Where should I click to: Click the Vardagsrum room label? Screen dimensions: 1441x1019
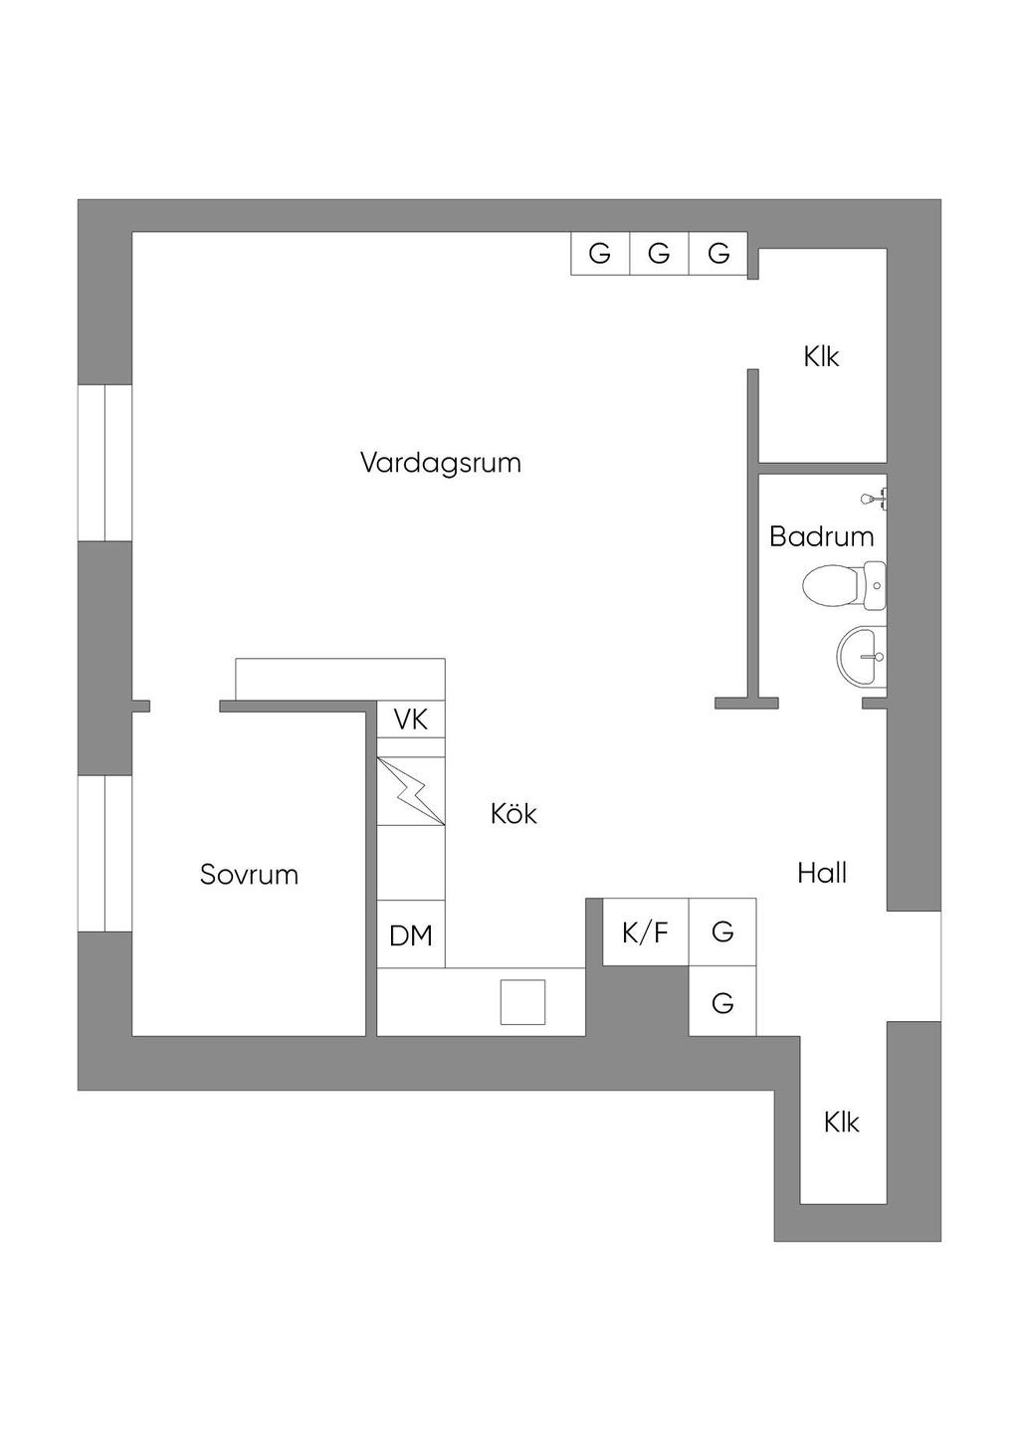pyautogui.click(x=441, y=464)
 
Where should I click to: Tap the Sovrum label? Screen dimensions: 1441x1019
pyautogui.click(x=249, y=875)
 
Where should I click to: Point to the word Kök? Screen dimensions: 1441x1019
pyautogui.click(x=513, y=814)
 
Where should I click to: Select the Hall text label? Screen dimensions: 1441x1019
pyautogui.click(x=822, y=874)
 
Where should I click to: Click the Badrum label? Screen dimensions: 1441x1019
pyautogui.click(x=821, y=537)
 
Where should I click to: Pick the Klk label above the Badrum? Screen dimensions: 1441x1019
pyautogui.click(x=821, y=356)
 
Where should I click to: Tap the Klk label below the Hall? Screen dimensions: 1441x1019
pyautogui.click(x=841, y=1123)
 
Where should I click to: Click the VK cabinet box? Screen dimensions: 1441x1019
pyautogui.click(x=411, y=720)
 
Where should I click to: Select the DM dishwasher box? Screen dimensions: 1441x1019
pyautogui.click(x=411, y=935)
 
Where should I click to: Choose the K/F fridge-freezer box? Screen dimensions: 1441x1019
pyautogui.click(x=645, y=932)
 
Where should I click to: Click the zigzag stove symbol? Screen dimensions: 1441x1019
pyautogui.click(x=411, y=791)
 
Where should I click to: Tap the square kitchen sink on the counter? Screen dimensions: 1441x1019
pyautogui.click(x=522, y=1002)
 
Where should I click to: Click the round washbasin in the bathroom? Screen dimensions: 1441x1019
pyautogui.click(x=861, y=657)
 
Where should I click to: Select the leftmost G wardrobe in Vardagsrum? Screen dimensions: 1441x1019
pyautogui.click(x=599, y=254)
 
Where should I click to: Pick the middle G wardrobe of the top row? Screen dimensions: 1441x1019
pyautogui.click(x=659, y=254)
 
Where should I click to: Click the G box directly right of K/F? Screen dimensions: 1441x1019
pyautogui.click(x=722, y=932)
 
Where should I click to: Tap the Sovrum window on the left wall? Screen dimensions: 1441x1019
pyautogui.click(x=105, y=854)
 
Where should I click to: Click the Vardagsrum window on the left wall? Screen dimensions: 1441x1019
pyautogui.click(x=105, y=463)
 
